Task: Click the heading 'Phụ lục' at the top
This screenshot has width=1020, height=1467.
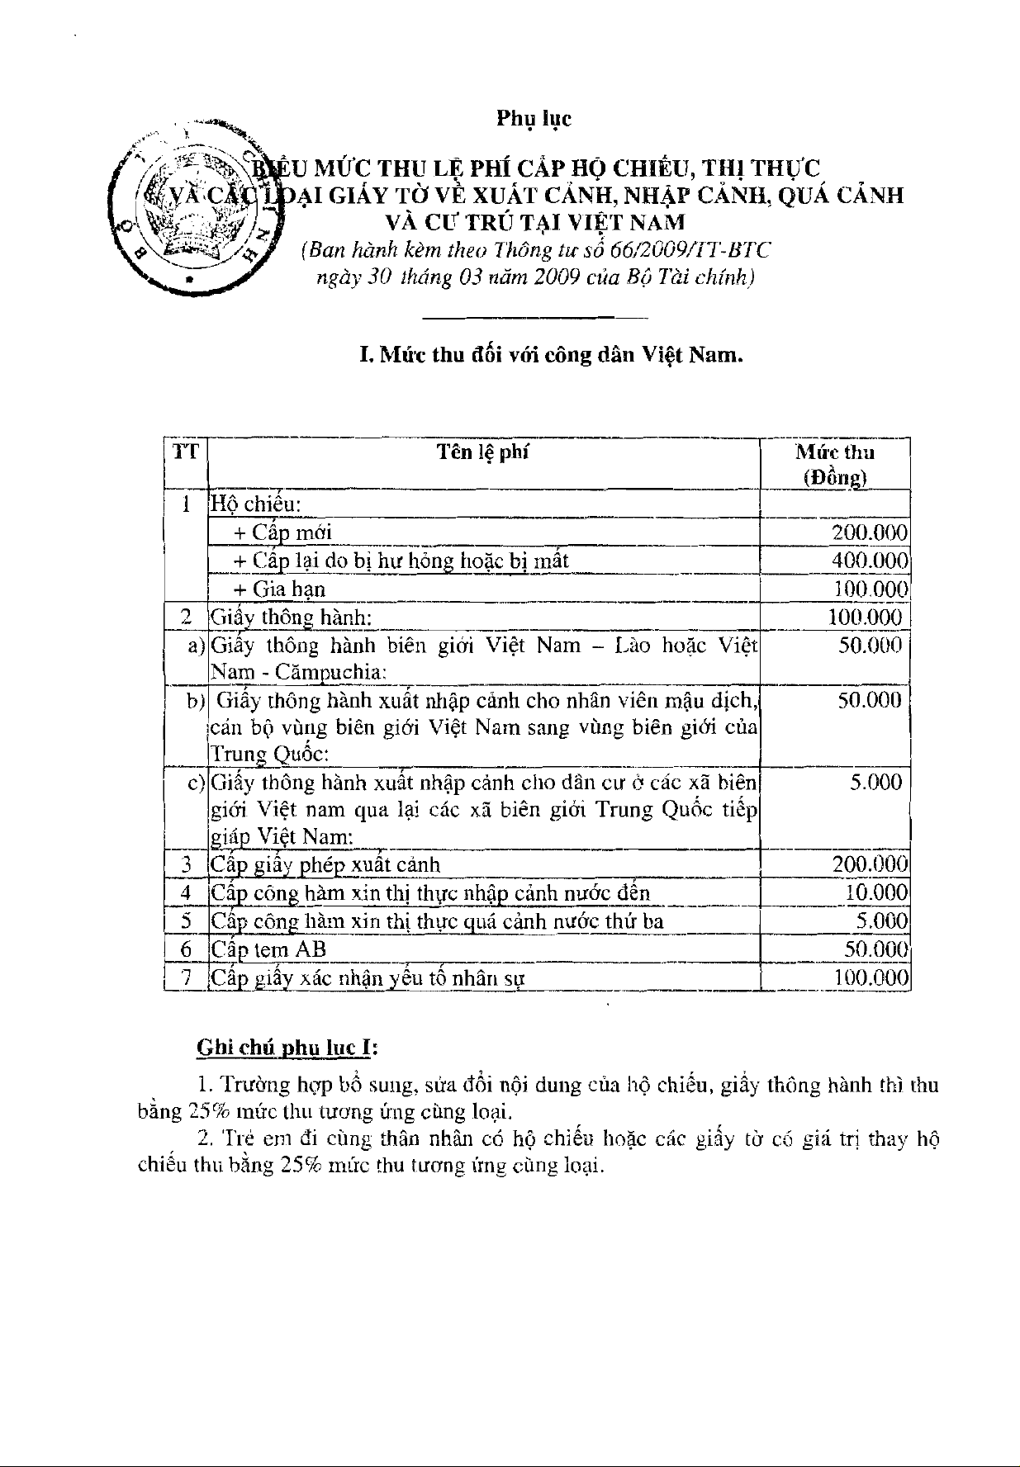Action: (x=534, y=119)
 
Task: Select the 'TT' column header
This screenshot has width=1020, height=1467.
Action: (x=186, y=452)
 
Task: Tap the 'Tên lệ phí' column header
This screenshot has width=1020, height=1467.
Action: (x=483, y=452)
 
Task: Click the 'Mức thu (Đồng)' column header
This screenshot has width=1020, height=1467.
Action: (x=834, y=464)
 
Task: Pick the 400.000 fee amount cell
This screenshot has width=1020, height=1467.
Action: (x=870, y=561)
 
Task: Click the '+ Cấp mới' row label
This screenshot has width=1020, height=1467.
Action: (x=282, y=533)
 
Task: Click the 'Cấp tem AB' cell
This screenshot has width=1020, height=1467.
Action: (x=268, y=949)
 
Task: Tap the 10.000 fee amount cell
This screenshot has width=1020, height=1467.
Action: (x=876, y=893)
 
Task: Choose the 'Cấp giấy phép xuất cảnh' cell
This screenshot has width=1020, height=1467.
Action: (x=325, y=865)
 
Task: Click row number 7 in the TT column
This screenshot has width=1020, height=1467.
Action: (x=187, y=978)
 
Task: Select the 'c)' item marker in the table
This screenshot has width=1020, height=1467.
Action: (x=197, y=783)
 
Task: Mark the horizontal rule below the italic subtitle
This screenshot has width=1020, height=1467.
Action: (x=534, y=318)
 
